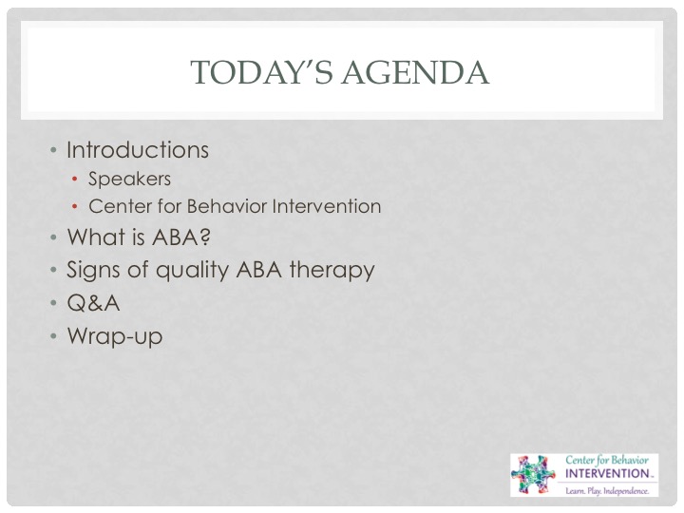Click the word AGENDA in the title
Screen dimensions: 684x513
(x=415, y=72)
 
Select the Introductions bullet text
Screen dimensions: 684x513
(x=138, y=150)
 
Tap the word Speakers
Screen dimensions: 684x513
(x=129, y=179)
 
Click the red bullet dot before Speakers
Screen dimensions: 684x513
(x=75, y=179)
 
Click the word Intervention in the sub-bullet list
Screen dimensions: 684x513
(x=326, y=206)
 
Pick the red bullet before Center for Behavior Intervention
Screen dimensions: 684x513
(x=75, y=206)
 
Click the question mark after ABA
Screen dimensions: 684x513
(x=204, y=237)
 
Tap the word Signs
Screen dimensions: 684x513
(x=94, y=271)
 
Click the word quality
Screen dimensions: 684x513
(x=192, y=271)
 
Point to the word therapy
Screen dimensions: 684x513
(x=332, y=271)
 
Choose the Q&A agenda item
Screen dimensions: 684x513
(x=93, y=303)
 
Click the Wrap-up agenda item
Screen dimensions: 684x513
(x=115, y=336)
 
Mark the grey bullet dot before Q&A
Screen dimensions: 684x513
(x=53, y=303)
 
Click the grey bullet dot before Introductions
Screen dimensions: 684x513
(x=53, y=150)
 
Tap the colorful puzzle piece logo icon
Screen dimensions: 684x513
(x=533, y=475)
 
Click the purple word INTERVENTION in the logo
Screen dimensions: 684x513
(x=607, y=474)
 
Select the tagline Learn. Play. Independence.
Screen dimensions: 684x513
(x=607, y=491)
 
